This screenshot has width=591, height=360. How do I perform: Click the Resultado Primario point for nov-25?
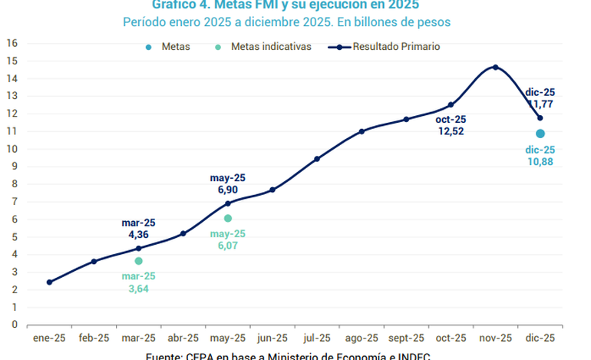coord(495,68)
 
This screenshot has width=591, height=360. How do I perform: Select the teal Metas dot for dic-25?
coord(540,134)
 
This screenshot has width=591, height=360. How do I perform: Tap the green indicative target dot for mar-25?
coord(138,261)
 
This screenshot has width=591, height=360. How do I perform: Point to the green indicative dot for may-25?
coord(228,219)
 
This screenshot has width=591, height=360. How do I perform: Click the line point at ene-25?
coord(49,282)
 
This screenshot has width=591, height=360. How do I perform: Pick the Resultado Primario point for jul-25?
coord(317,159)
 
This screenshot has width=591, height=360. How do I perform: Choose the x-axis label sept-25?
coord(406,338)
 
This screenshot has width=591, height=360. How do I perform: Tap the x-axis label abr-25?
coord(183,338)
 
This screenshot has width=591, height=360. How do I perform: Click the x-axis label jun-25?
coord(272,338)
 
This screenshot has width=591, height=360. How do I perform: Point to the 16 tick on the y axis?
coord(12,43)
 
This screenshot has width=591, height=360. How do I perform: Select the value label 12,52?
coord(451,131)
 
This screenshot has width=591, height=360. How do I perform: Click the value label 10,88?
coord(540,163)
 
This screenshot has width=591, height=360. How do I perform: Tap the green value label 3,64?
coord(139,289)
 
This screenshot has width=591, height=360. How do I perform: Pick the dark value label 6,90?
coord(228,188)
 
